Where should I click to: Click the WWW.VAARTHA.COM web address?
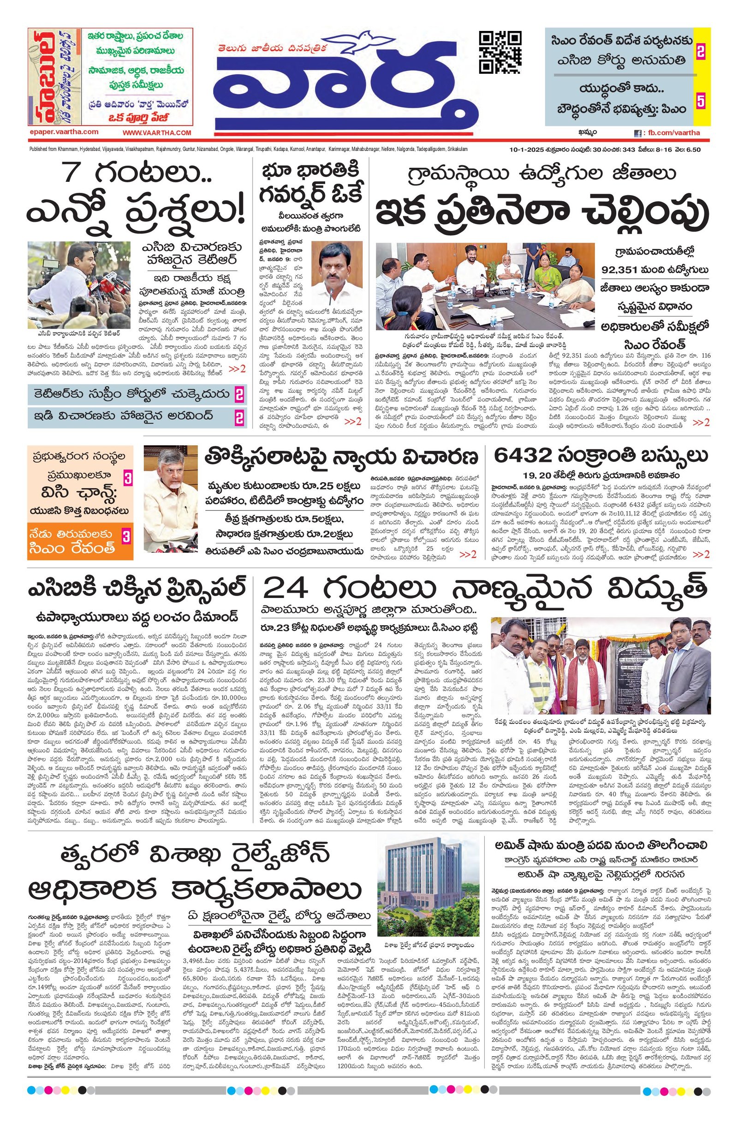coord(157,133)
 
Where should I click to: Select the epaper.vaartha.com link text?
coord(64,132)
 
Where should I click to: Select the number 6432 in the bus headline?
coord(521,456)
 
